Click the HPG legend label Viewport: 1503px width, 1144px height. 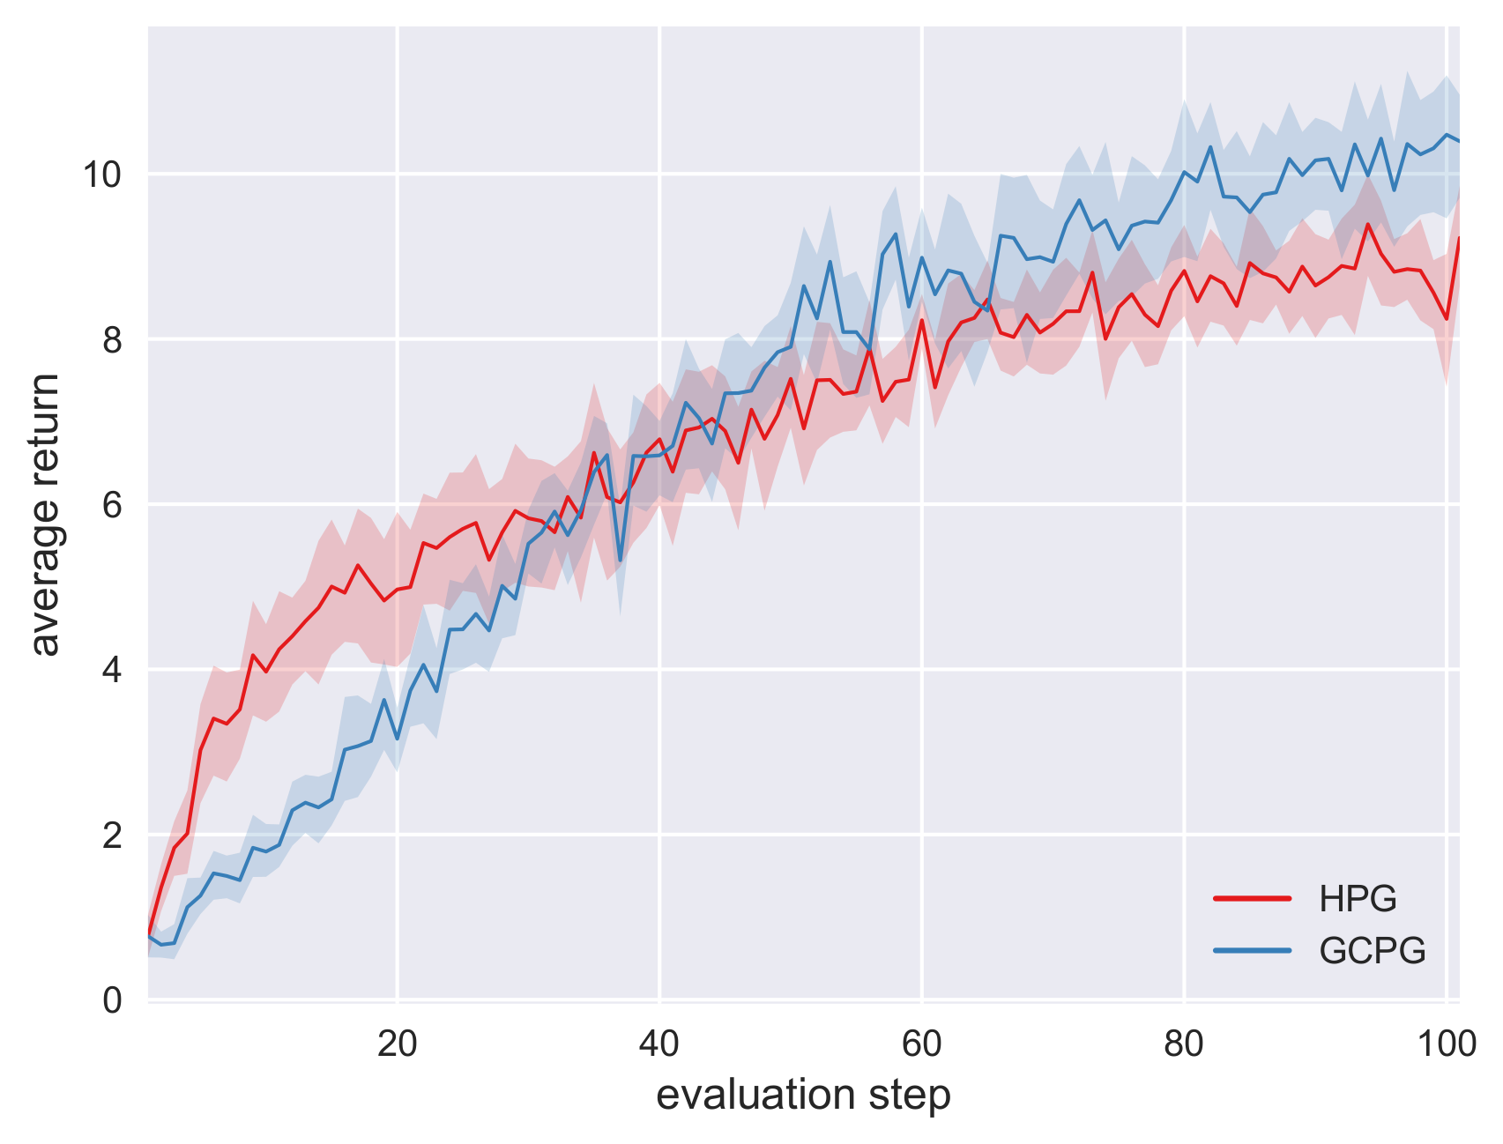click(x=1358, y=899)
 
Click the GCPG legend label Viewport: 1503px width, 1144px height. click(x=1372, y=951)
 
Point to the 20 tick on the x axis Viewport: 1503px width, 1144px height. click(x=397, y=1044)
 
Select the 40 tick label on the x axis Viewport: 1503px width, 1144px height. click(x=658, y=1044)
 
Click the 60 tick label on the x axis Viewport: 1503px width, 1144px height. click(x=921, y=1044)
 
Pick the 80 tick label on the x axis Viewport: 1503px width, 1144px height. click(x=1183, y=1044)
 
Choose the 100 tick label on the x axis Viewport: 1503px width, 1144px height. click(x=1445, y=1044)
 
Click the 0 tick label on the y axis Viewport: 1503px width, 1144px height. click(x=112, y=1001)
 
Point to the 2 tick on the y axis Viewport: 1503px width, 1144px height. click(x=112, y=836)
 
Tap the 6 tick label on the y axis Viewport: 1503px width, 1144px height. click(x=112, y=505)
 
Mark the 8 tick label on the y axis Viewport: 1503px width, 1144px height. click(x=112, y=340)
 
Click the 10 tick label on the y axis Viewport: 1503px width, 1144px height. click(x=101, y=175)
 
